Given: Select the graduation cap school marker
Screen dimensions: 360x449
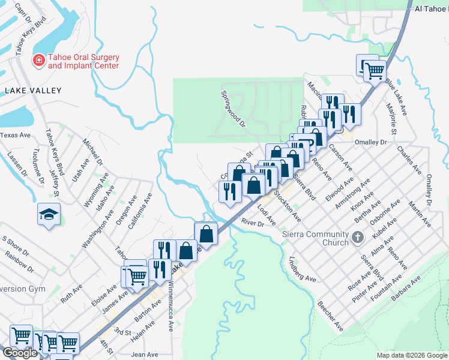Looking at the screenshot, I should click(x=48, y=214).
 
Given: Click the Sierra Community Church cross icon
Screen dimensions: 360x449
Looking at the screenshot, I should click(x=358, y=238).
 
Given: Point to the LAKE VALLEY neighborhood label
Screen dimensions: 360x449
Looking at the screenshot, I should click(x=33, y=91).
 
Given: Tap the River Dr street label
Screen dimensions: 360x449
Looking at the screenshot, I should click(x=253, y=223).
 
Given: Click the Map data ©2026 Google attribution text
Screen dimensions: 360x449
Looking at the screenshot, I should click(x=411, y=355).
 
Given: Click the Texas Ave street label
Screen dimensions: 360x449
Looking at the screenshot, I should click(x=15, y=136).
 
